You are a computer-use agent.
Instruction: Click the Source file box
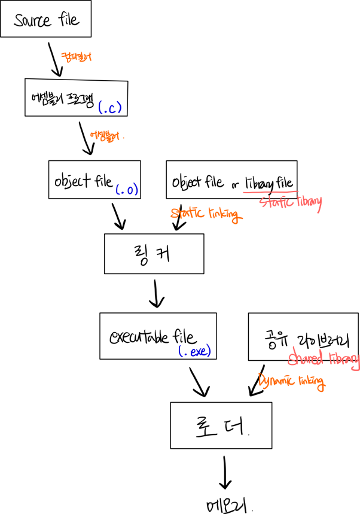pyautogui.click(x=46, y=20)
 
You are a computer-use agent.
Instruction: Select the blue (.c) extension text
pyautogui.click(x=110, y=108)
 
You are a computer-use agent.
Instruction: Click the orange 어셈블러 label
pyautogui.click(x=105, y=135)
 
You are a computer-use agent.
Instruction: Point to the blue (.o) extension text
pyautogui.click(x=126, y=190)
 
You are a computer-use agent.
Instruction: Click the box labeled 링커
pyautogui.click(x=154, y=253)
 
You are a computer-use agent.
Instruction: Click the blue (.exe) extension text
pyautogui.click(x=195, y=351)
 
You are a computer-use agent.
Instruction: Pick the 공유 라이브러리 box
pyautogui.click(x=303, y=336)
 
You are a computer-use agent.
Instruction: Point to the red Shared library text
pyautogui.click(x=323, y=359)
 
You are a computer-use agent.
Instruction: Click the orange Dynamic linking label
pyautogui.click(x=292, y=381)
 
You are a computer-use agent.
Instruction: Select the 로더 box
pyautogui.click(x=221, y=425)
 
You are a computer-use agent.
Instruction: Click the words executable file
pyautogui.click(x=152, y=336)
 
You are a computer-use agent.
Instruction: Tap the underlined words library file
pyautogui.click(x=269, y=183)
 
